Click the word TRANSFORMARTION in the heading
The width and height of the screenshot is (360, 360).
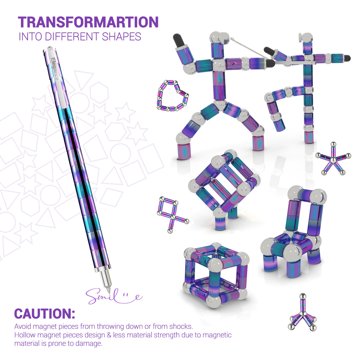[88, 22]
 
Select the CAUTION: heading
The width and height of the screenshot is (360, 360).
[45, 314]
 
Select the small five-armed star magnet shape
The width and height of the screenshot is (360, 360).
[333, 159]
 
